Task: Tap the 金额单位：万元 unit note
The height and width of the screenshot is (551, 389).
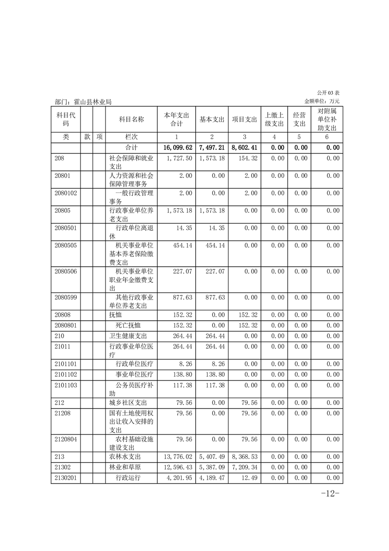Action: coord(322,101)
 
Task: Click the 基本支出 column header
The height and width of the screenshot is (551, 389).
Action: coord(212,119)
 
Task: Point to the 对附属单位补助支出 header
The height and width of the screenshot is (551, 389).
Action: coord(327,119)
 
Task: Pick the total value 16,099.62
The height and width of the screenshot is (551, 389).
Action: coord(176,147)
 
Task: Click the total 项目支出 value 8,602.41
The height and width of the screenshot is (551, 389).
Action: coord(244,147)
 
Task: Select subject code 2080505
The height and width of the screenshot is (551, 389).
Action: coord(66,246)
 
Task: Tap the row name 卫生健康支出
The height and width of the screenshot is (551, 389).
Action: coord(128,336)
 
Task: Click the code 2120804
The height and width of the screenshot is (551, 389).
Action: coord(66,439)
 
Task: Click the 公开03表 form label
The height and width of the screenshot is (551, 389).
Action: coord(328,93)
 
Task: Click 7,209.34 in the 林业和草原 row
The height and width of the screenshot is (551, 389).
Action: coord(244,467)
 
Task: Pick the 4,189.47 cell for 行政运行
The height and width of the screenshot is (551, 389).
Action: coord(212,478)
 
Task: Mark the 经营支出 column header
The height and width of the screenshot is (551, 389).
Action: coord(299,119)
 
